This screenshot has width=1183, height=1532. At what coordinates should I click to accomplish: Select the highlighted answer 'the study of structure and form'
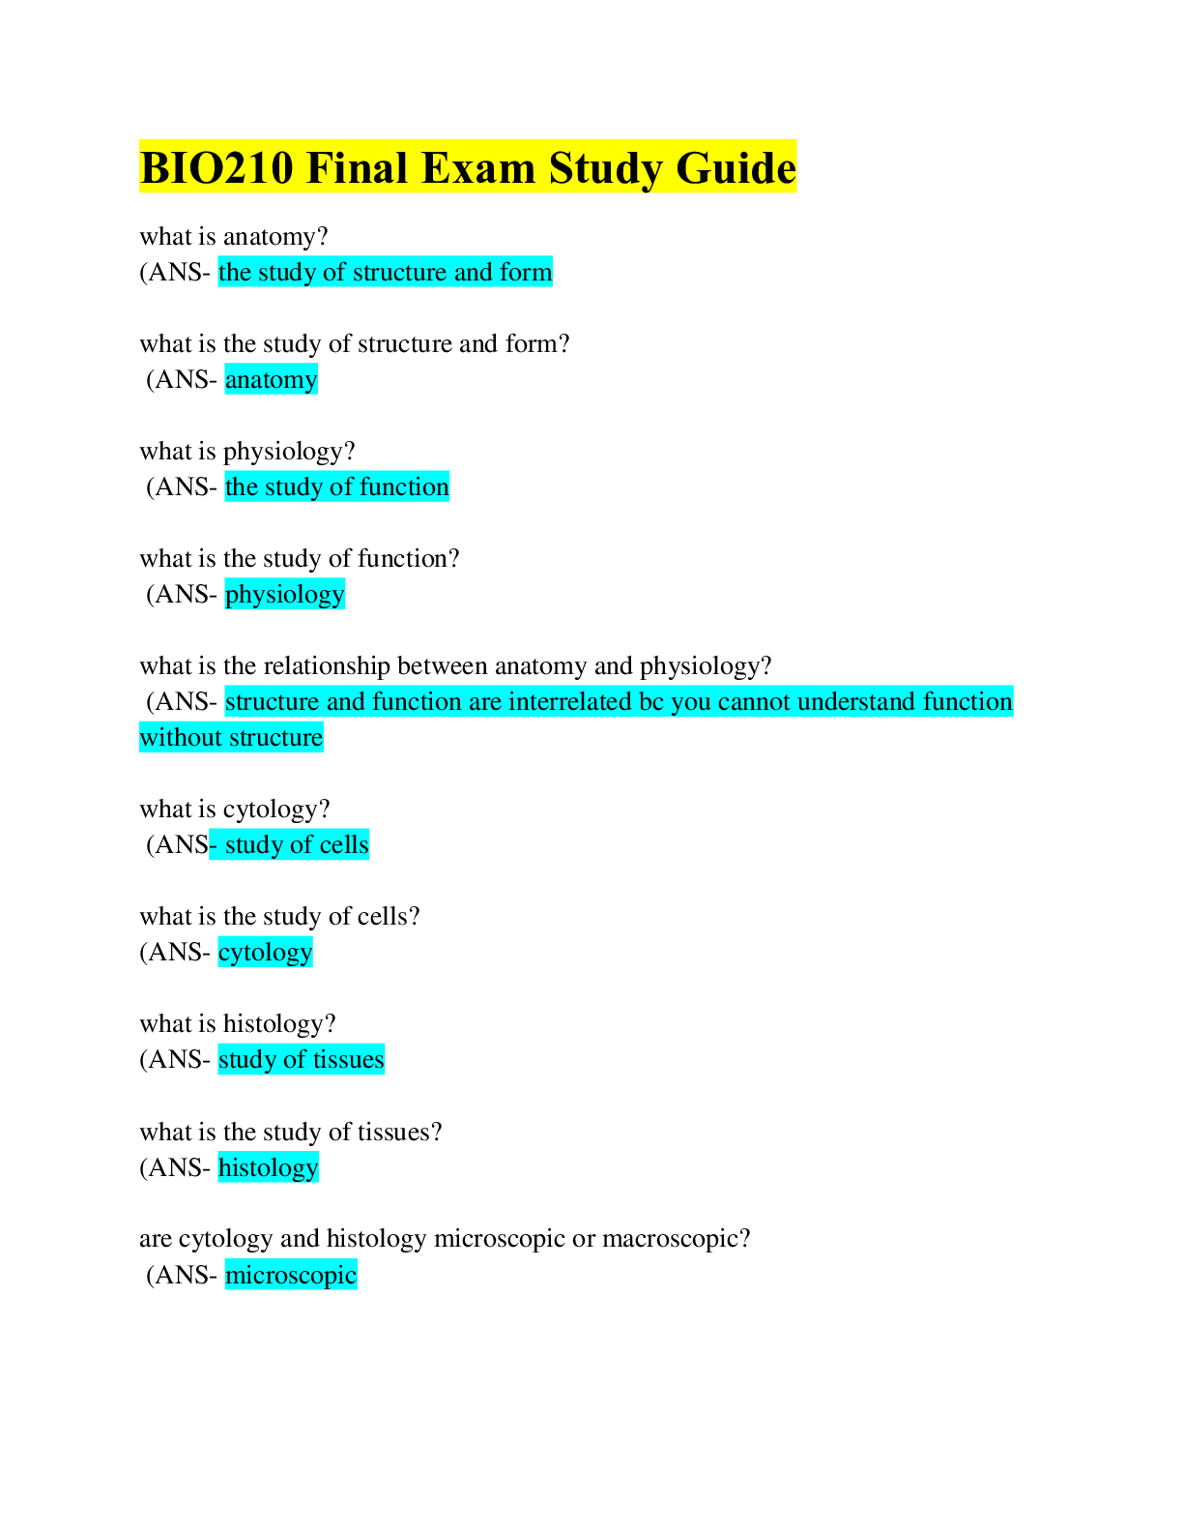385,273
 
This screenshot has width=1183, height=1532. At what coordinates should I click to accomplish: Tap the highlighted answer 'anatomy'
271,380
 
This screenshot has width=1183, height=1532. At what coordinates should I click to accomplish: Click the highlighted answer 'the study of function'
336,487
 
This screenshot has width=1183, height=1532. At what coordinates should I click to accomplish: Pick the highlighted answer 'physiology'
284,595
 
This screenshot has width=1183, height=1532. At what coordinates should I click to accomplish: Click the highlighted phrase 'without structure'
231,738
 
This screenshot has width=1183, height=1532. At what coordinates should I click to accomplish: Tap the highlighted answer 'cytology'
265,953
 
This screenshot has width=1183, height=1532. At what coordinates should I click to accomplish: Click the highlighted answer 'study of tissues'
301,1060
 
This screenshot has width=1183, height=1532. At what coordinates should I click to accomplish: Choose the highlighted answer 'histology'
268,1168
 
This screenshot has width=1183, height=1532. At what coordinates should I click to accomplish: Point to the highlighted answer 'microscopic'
290,1276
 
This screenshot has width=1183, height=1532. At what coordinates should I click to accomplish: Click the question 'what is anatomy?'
234,237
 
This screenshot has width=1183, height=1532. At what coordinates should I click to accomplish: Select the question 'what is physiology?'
247,452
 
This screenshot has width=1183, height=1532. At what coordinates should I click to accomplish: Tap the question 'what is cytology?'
235,810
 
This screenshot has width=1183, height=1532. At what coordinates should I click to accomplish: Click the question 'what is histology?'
238,1024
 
